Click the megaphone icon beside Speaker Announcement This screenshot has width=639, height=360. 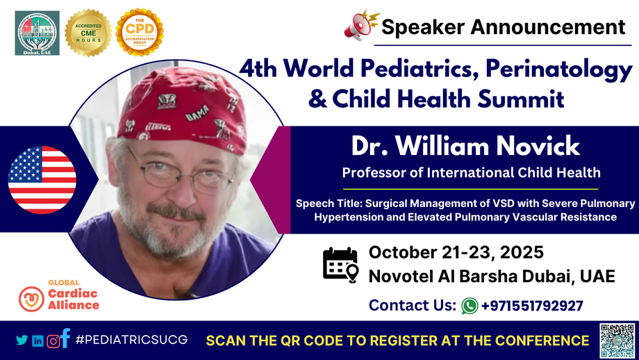360,26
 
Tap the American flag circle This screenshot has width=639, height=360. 42,179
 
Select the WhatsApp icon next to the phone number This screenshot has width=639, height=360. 470,305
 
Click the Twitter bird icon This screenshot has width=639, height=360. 22,341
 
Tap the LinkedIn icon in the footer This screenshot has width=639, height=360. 38,341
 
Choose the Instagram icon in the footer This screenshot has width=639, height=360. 52,341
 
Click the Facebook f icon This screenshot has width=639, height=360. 65,338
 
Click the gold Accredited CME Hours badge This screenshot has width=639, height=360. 88,33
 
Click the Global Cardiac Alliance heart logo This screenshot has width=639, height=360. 31,298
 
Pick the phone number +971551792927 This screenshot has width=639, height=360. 531,305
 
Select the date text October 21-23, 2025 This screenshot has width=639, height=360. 456,252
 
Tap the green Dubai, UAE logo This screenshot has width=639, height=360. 38,33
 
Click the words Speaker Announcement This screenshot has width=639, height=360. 503,27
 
